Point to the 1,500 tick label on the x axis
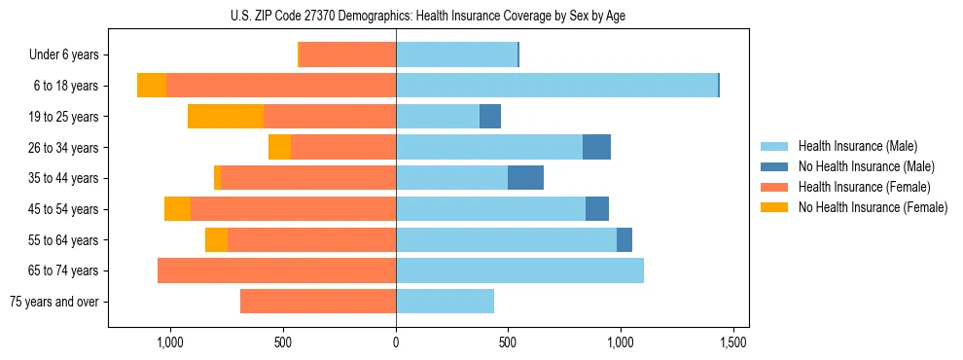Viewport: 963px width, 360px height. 732,343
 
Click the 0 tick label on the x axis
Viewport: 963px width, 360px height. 396,343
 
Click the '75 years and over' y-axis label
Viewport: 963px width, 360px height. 53,302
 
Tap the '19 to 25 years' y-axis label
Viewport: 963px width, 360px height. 65,117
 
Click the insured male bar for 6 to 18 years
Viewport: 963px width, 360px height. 556,86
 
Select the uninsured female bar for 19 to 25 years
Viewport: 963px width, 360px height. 226,117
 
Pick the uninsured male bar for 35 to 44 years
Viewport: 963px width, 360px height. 525,178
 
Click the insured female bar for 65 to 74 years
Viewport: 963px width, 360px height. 276,270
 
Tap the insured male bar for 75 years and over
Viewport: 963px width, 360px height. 445,302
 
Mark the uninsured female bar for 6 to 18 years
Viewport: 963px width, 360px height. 152,86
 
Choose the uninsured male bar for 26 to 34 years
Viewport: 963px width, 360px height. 596,147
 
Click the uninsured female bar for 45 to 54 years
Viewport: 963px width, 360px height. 177,209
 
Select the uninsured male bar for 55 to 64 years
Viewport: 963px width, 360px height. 624,239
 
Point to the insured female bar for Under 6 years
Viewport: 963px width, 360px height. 347,54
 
